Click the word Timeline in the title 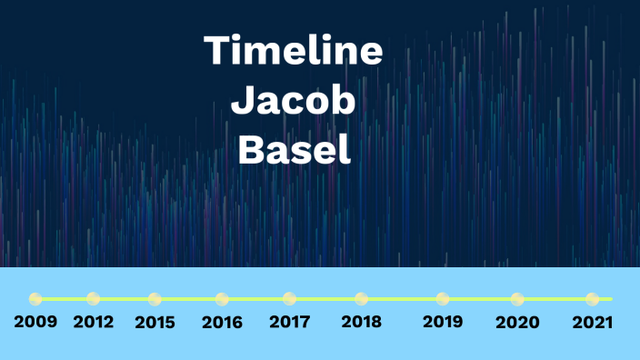tap(293, 50)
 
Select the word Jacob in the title tap(293, 100)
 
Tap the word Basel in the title tap(294, 149)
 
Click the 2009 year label tap(35, 322)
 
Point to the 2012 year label tap(95, 322)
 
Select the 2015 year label tap(156, 322)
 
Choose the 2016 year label tap(222, 322)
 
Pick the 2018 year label tap(362, 322)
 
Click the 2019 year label tap(443, 322)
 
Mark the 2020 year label tap(517, 322)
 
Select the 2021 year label tap(593, 322)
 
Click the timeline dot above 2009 tap(35, 298)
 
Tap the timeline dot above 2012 tap(93, 298)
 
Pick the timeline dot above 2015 tap(155, 298)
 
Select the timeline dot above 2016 tap(222, 298)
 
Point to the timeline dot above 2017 tap(290, 298)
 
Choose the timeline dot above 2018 tap(362, 298)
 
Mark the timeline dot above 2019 tap(443, 298)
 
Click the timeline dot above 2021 tap(593, 298)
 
